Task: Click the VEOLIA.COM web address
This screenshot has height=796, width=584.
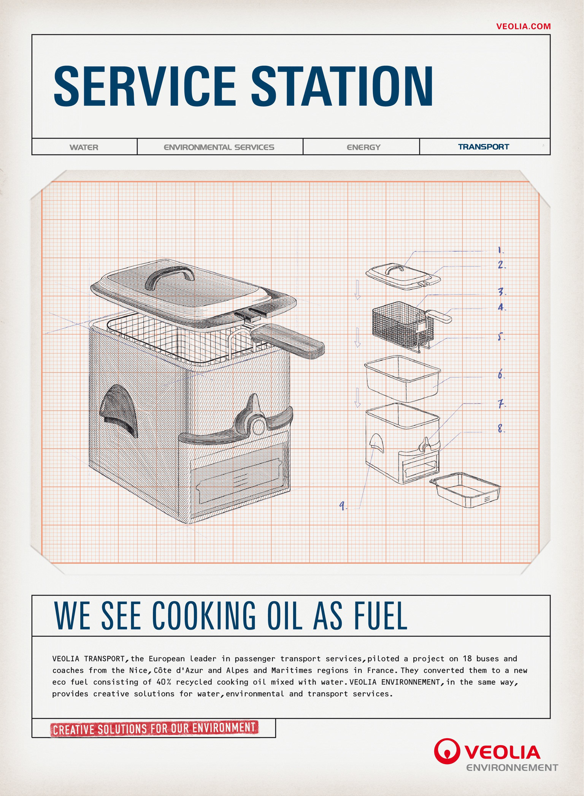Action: (x=523, y=26)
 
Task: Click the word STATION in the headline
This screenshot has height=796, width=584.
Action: (x=341, y=87)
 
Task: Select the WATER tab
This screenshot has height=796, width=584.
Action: (x=84, y=147)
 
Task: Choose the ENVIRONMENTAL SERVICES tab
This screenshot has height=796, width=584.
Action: (x=219, y=147)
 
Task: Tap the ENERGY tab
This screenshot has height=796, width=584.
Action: (x=363, y=147)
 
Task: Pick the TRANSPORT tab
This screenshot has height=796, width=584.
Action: (x=483, y=147)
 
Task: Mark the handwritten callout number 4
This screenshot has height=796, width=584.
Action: (x=501, y=307)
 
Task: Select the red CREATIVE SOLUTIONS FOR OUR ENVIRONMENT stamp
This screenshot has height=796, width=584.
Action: (x=154, y=728)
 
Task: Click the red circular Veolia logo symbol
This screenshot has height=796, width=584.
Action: (x=447, y=751)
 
